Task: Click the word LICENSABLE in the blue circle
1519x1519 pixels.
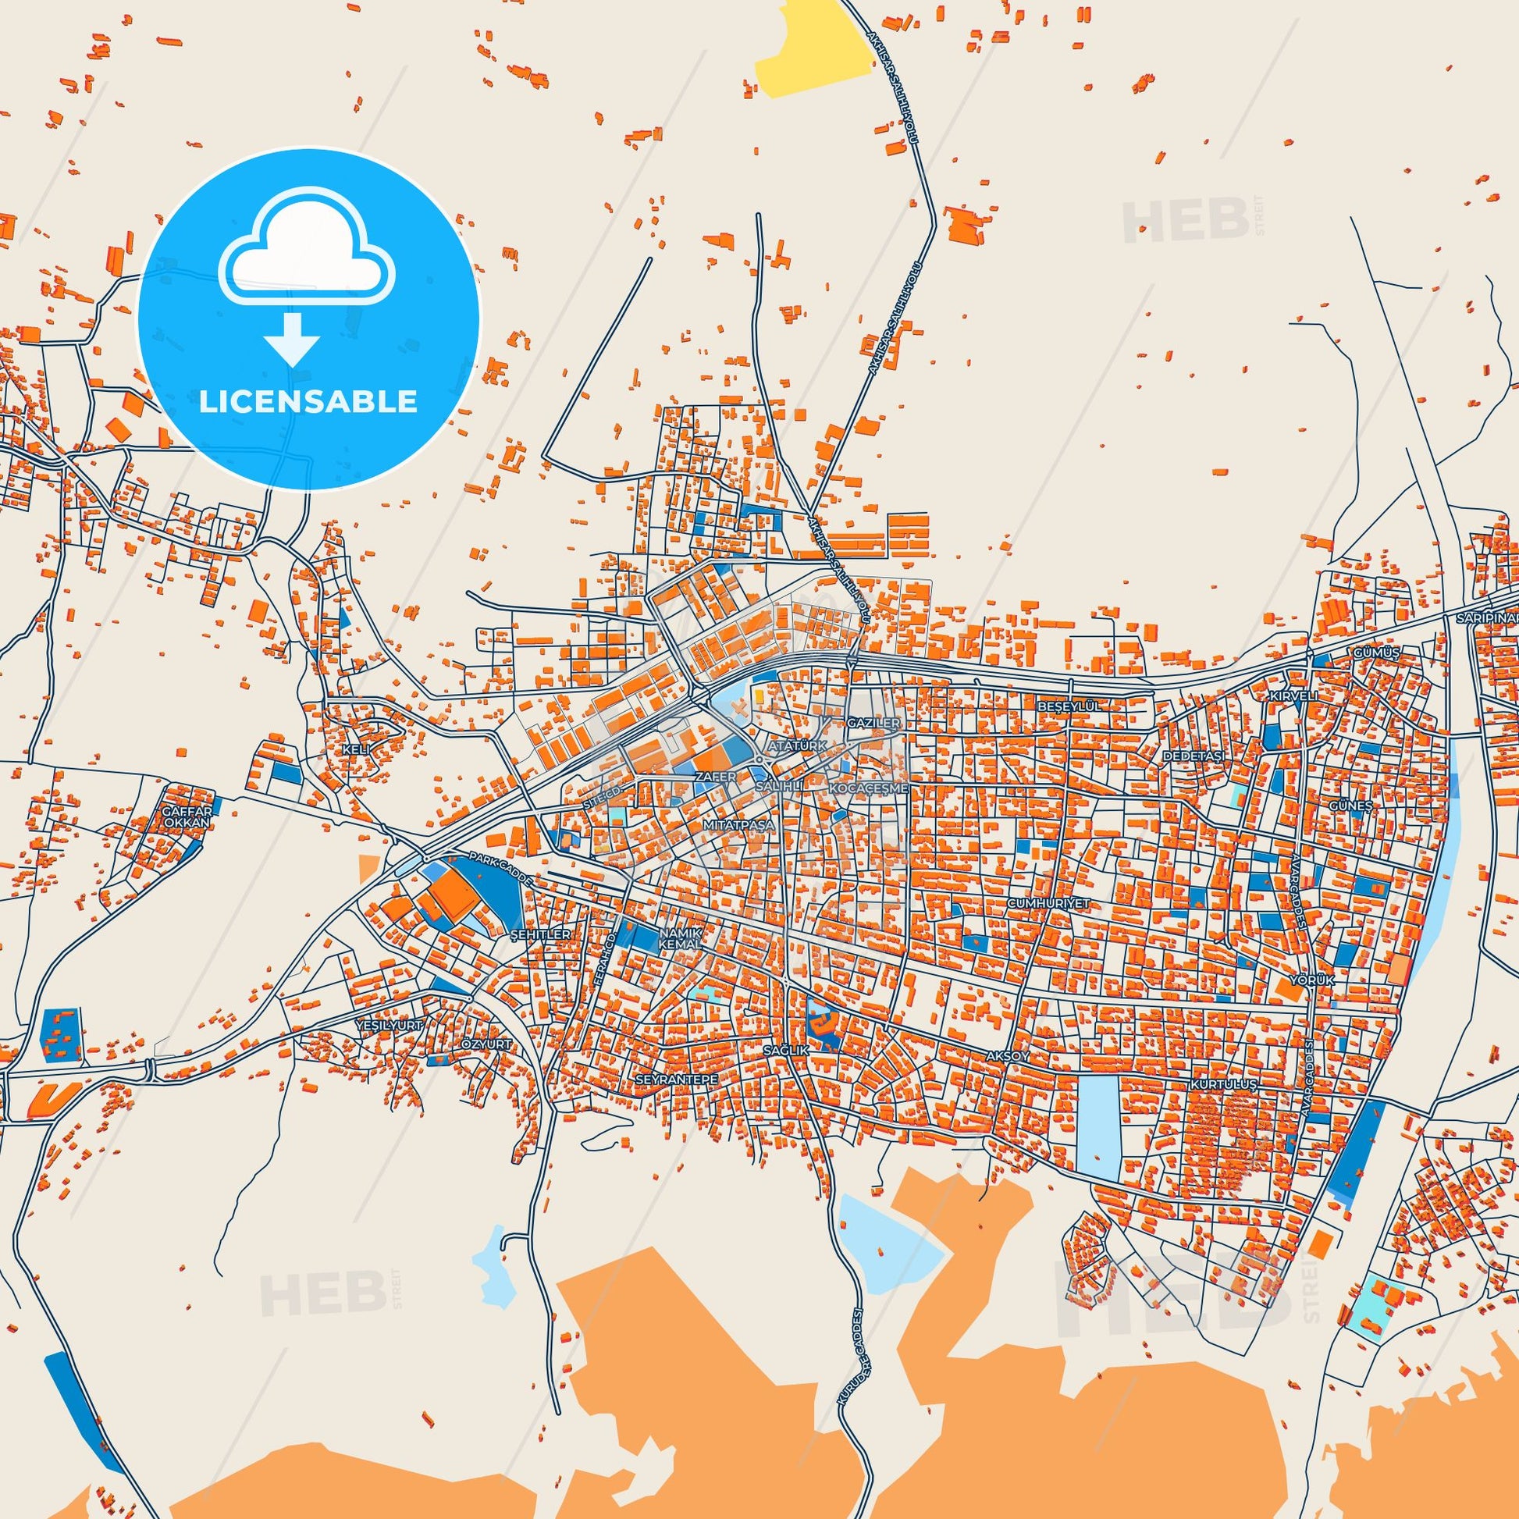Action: coord(308,402)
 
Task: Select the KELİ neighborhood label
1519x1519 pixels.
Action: coord(355,749)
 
